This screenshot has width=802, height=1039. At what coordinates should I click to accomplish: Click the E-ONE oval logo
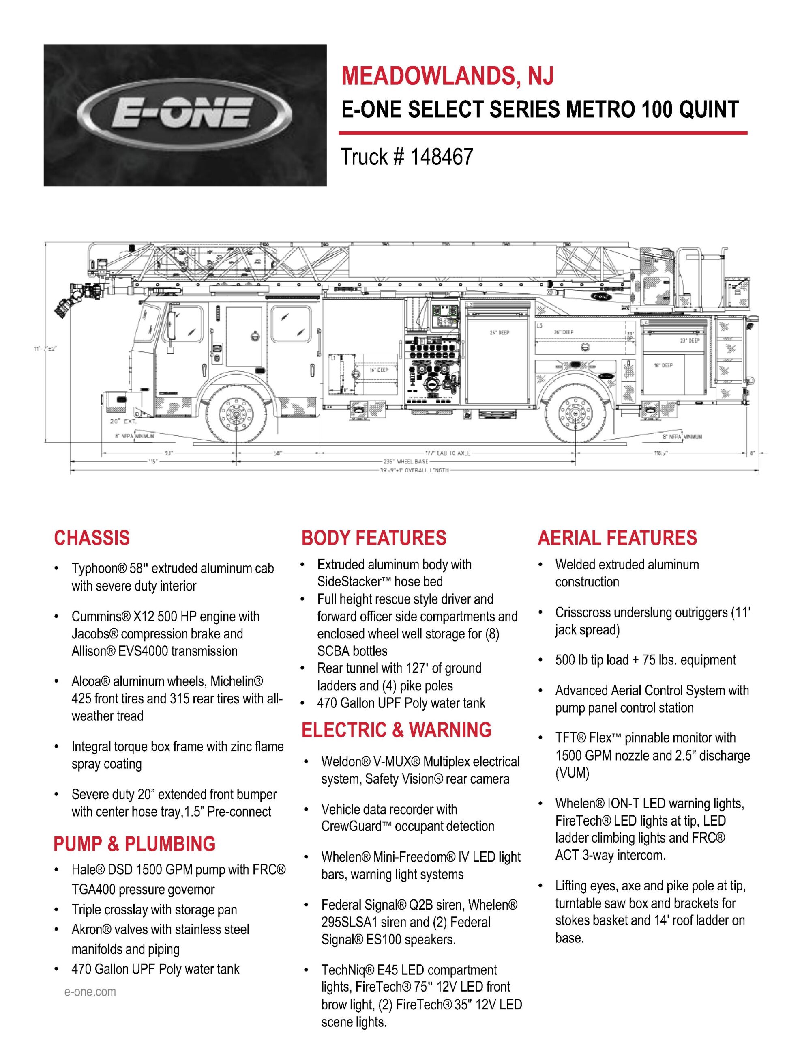[x=184, y=114]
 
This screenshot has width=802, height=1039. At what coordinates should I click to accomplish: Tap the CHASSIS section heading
[x=92, y=538]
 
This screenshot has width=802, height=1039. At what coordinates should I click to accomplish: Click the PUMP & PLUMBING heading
[x=134, y=843]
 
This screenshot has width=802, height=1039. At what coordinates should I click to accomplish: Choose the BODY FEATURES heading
[x=374, y=538]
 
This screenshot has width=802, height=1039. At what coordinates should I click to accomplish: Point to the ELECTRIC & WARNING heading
[x=397, y=730]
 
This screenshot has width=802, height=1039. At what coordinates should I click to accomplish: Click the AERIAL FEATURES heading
[x=617, y=538]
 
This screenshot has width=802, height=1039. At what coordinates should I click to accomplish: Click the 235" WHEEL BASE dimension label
[x=405, y=461]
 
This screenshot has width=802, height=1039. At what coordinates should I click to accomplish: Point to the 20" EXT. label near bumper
[x=123, y=422]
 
